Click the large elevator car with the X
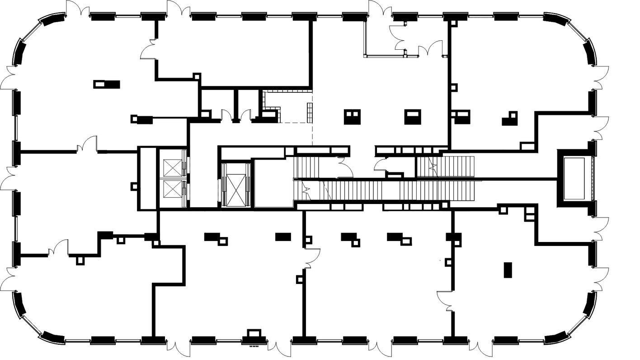236,185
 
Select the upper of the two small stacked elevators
172,167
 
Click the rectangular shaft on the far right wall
574,178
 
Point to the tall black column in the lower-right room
508,270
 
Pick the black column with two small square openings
353,117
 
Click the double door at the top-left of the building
78,9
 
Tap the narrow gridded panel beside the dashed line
310,113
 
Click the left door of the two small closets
226,115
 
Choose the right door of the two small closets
246,115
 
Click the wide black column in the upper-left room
107,84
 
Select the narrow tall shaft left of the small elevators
147,178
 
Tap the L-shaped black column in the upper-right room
509,118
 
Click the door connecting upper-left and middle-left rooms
87,145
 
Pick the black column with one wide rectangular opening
413,117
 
